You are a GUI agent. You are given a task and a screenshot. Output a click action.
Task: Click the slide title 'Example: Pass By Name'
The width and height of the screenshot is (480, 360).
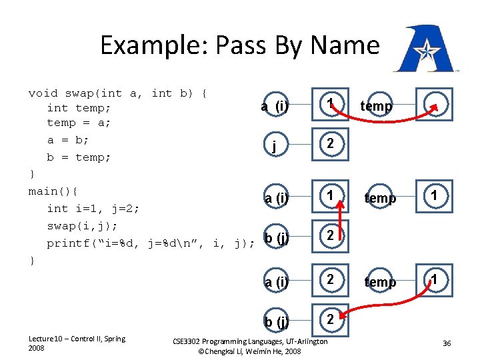(239, 45)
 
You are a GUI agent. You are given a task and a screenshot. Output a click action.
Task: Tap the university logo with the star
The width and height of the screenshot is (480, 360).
(425, 49)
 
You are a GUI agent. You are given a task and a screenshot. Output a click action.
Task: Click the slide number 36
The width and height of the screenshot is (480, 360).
(447, 343)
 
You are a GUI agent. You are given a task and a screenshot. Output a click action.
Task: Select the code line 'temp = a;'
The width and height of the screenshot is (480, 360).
(79, 123)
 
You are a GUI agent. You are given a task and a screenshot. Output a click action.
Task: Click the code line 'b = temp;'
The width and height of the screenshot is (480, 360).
(79, 157)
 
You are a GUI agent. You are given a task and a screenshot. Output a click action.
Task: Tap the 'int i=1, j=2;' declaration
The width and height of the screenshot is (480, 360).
(93, 209)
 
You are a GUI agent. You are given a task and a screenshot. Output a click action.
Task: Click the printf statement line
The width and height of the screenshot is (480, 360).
(150, 243)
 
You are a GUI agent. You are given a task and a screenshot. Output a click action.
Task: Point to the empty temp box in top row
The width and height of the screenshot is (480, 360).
(435, 106)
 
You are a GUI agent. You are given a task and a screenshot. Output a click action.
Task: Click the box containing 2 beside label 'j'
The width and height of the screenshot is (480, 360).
(330, 145)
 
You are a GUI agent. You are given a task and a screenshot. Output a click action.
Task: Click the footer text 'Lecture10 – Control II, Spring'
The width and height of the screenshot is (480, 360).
(76, 339)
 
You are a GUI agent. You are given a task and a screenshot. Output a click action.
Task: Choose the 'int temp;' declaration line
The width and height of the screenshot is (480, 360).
(79, 108)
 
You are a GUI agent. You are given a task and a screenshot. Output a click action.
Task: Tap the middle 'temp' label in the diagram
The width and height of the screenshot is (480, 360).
(380, 198)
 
